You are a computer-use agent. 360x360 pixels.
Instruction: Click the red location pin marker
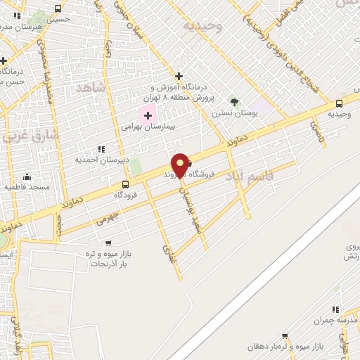coord(180,165)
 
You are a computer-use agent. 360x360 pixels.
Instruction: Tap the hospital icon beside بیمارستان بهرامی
coord(148,115)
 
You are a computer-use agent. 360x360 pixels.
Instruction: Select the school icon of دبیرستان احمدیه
coord(103,149)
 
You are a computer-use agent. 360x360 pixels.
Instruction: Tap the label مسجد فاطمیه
coord(26,187)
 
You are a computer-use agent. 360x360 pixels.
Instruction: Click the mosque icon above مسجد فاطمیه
coord(27,176)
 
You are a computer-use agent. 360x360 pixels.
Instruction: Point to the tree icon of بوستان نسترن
coord(235,102)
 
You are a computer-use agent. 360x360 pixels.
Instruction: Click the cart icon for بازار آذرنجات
coord(108,243)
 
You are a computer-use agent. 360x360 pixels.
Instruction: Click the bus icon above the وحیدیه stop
coord(340,103)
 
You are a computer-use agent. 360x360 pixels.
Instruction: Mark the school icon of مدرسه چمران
coord(335,309)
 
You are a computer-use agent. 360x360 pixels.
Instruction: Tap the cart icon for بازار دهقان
coord(285,336)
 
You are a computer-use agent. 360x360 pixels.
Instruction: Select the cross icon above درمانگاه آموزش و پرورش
coord(179,76)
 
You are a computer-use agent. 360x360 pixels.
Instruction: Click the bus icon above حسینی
coord(58,9)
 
